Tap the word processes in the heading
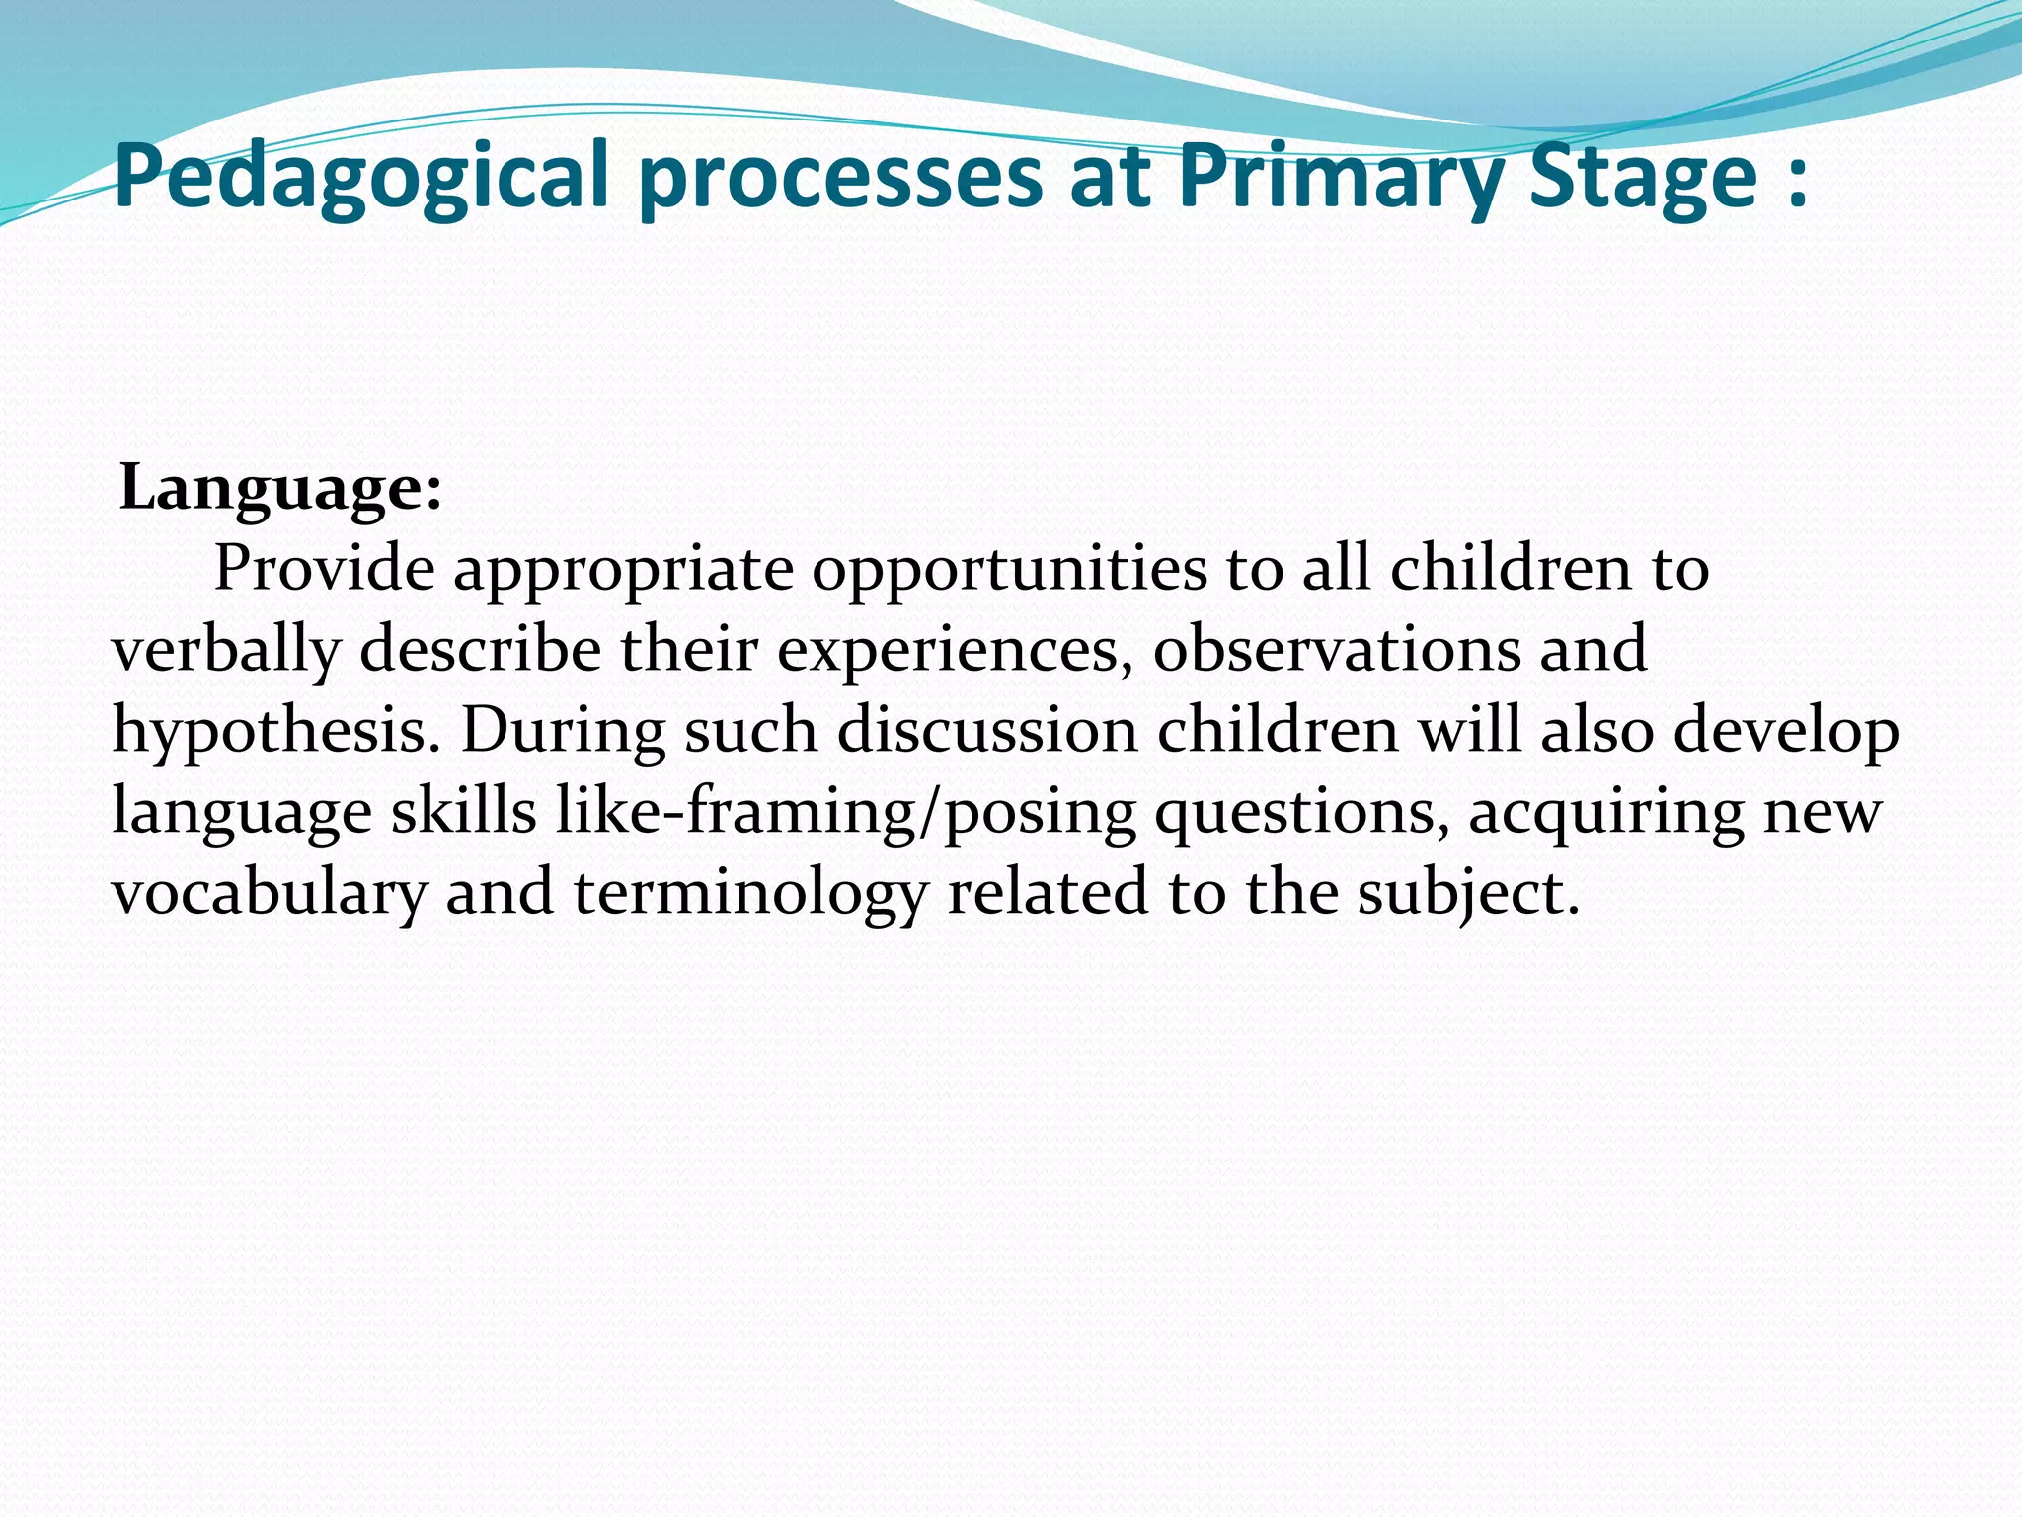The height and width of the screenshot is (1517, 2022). click(x=843, y=178)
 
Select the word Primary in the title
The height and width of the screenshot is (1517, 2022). click(x=1343, y=178)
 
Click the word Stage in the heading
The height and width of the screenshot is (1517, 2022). click(x=1644, y=178)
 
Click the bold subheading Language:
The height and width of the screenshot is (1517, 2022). click(x=280, y=488)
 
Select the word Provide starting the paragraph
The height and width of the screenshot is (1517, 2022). click(x=325, y=569)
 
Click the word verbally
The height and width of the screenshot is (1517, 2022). click(x=226, y=652)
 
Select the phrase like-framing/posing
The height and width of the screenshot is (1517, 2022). click(x=845, y=813)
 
